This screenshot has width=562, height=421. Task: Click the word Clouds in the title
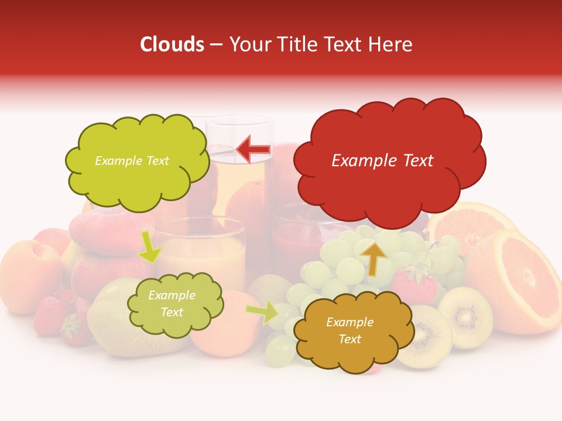pos(172,44)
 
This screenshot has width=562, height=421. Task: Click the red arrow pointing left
pos(254,149)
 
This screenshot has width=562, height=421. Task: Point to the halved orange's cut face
pos(524,281)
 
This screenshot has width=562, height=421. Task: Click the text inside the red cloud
pos(382,161)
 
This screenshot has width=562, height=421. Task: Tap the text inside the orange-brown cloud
pos(349,330)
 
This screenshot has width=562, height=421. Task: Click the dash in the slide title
pos(216,45)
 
